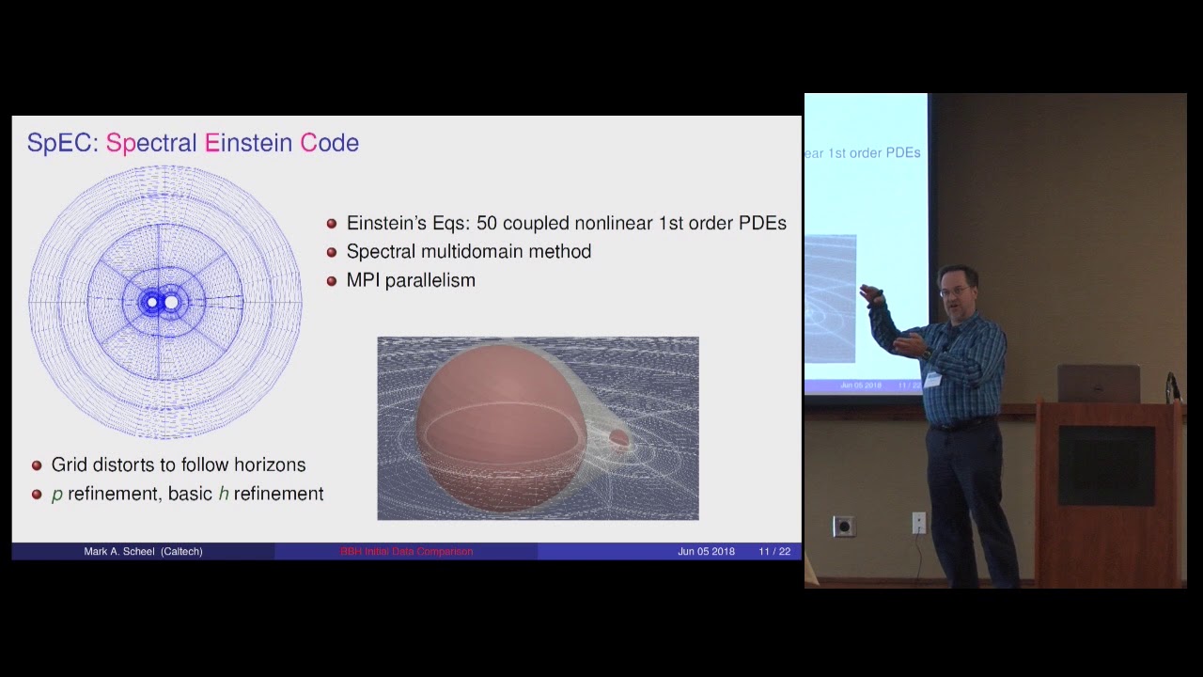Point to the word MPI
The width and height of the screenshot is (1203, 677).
tap(367, 280)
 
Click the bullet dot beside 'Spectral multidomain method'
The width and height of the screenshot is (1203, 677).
tap(332, 252)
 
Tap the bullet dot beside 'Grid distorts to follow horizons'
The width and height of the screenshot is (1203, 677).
tap(37, 465)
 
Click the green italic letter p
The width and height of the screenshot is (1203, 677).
tap(57, 495)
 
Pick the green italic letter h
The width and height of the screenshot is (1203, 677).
tap(224, 494)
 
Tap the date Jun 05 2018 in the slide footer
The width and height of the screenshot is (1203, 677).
tap(706, 552)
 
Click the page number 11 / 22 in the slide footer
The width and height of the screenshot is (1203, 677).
tap(774, 552)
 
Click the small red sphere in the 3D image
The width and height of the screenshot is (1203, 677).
tap(618, 437)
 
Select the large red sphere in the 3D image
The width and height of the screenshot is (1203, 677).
tap(498, 423)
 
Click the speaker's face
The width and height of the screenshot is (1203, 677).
tap(956, 291)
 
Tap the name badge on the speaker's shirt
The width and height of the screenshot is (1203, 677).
tap(932, 378)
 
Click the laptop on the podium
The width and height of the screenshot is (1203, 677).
tap(1098, 384)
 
